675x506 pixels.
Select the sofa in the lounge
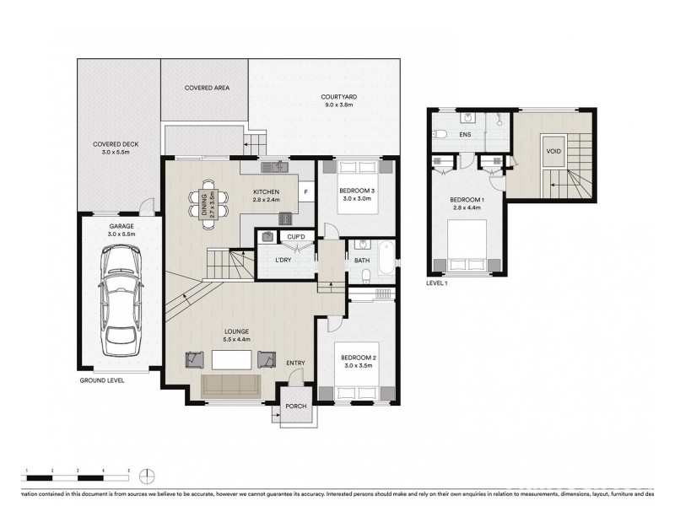232,385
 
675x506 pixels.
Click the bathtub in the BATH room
386,257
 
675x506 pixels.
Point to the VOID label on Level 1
553,152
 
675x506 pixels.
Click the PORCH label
296,406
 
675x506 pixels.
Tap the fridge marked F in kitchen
305,191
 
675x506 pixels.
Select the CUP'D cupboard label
295,238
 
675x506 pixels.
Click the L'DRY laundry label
284,260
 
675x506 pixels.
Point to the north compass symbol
147,473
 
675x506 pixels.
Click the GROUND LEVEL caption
102,380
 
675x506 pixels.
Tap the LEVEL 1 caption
437,283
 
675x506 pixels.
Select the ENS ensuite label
464,134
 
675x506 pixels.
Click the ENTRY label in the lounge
295,363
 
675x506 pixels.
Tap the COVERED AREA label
207,88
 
